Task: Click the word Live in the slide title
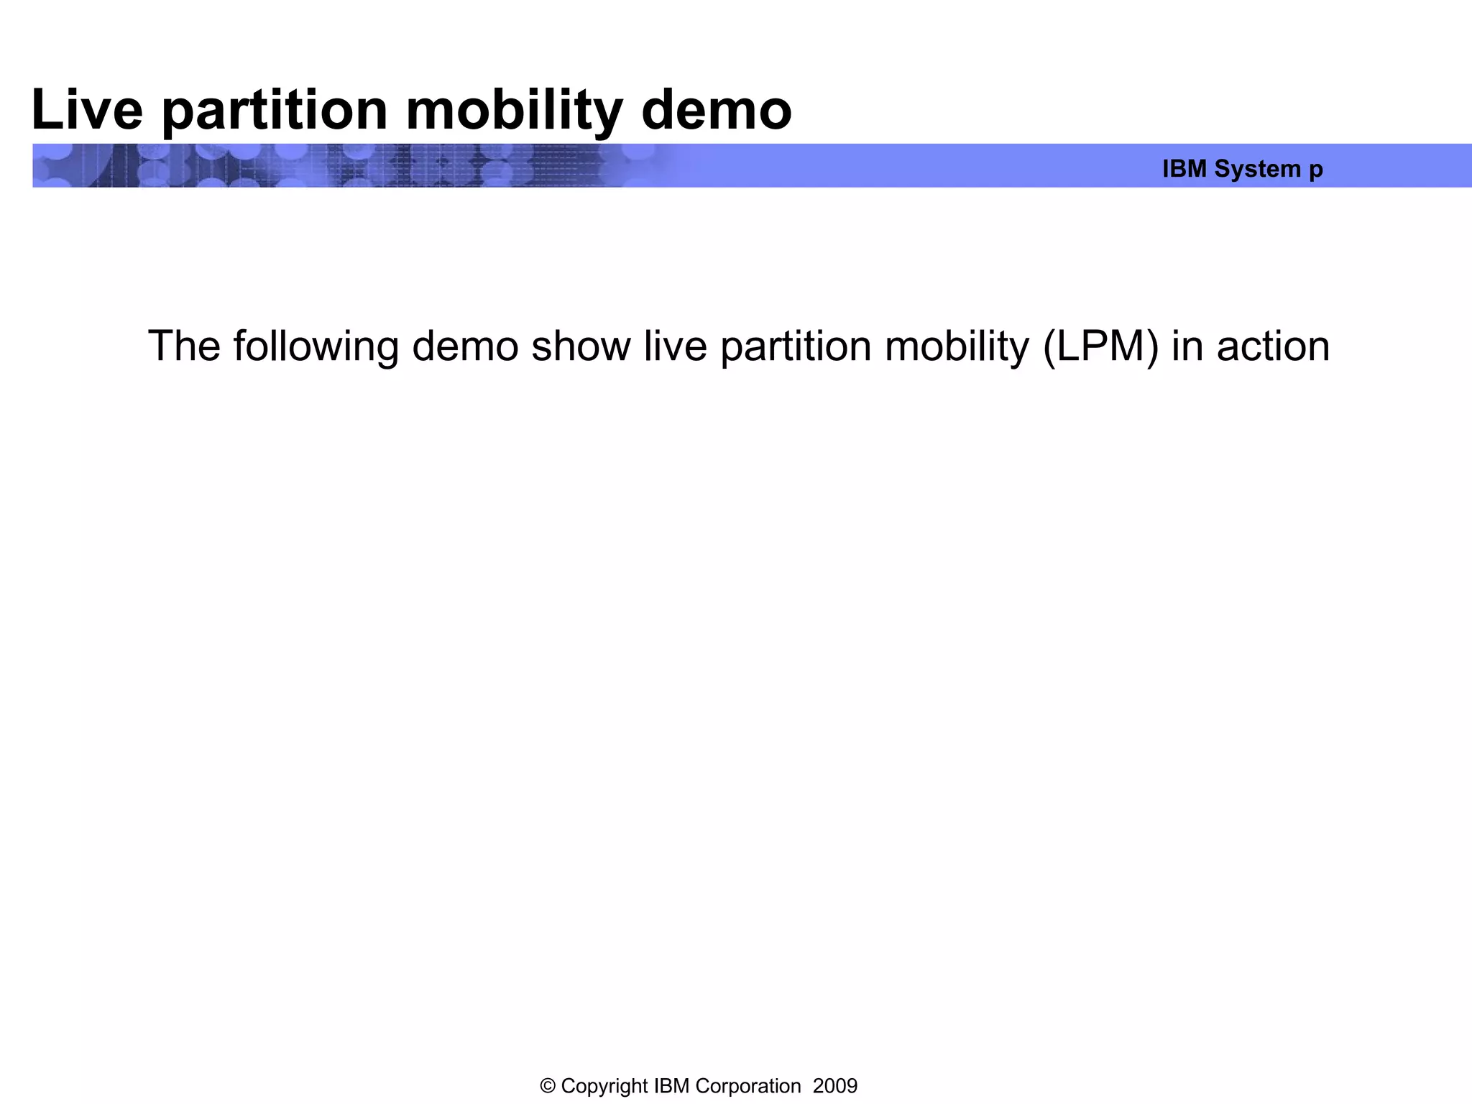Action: pos(87,110)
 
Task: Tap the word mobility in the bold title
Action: pos(514,110)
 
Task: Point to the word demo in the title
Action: pos(716,110)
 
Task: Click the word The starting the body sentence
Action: pos(184,346)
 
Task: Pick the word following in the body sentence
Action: pos(316,346)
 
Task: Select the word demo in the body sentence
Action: pos(465,346)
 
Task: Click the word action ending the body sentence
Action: pos(1273,346)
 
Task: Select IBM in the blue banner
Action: pos(1184,169)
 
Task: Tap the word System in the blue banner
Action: pos(1258,169)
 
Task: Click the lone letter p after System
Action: pos(1316,170)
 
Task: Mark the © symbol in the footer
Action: pos(548,1086)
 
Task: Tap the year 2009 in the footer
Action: pos(835,1086)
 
